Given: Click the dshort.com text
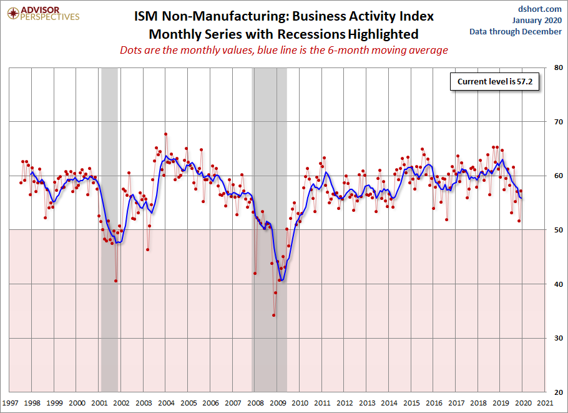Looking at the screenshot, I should click(540, 9).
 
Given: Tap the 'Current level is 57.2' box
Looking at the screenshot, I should click(489, 82).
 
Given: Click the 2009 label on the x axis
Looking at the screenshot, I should click(278, 403).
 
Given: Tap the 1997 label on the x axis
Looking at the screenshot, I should click(10, 403).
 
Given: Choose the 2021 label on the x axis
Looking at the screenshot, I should click(545, 403).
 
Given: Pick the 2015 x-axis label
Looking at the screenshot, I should click(411, 403).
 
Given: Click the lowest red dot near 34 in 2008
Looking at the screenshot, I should click(273, 315).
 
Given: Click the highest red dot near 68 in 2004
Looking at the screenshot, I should click(165, 134).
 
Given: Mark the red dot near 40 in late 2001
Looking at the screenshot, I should click(116, 281).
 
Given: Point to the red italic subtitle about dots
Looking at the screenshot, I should click(283, 50).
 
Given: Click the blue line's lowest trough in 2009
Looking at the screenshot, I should click(282, 280).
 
